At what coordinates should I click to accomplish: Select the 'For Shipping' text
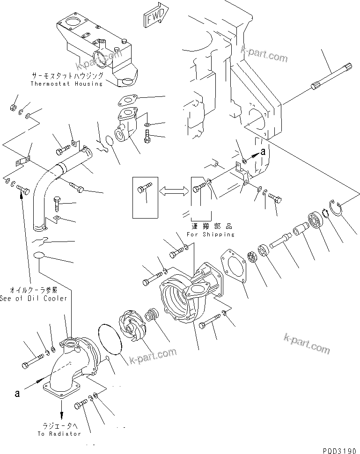210,234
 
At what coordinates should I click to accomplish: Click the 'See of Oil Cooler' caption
33,298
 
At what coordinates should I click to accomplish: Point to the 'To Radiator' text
59,433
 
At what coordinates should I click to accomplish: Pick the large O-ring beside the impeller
110,340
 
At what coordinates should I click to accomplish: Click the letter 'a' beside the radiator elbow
17,393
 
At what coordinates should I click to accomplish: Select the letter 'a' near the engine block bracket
263,151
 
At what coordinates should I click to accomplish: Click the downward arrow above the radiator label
61,415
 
